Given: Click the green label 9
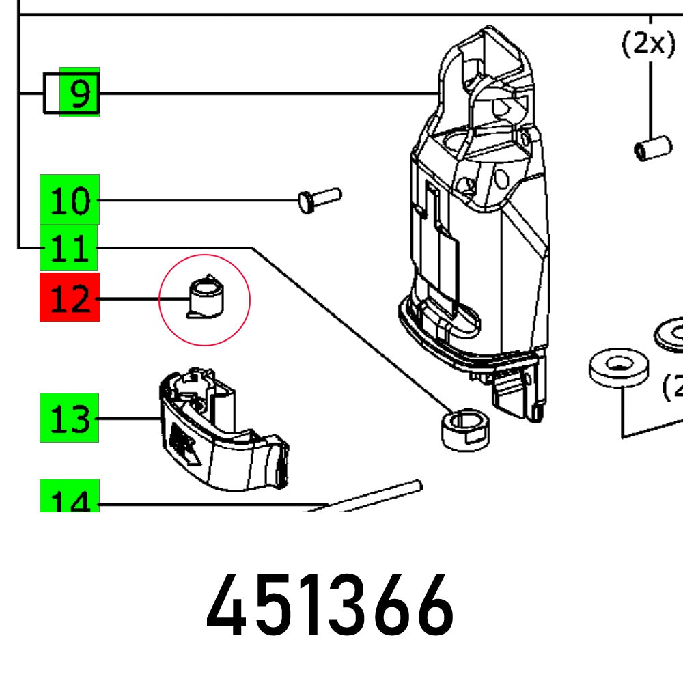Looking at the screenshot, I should tap(80, 92).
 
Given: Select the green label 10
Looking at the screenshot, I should tap(70, 199).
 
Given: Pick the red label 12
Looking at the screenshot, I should tap(70, 297).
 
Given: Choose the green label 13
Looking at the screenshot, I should tap(69, 417).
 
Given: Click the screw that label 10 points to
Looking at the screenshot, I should tap(320, 199).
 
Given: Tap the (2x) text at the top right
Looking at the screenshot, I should tap(647, 44).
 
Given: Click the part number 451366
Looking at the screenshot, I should tap(330, 607).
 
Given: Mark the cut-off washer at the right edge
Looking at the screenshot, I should tap(669, 333).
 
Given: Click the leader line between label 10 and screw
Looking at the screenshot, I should tap(198, 200).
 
